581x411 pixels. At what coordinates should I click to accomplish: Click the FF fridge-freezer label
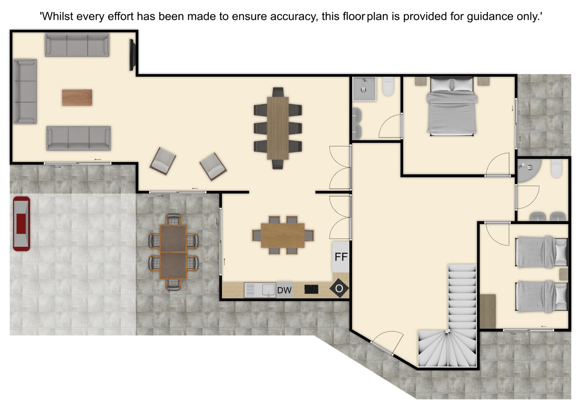pyautogui.click(x=341, y=257)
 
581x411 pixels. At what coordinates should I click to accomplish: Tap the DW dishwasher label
pyautogui.click(x=284, y=290)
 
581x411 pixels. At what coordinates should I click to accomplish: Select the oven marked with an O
pyautogui.click(x=339, y=288)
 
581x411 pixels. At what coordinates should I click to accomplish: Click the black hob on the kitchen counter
pyautogui.click(x=311, y=289)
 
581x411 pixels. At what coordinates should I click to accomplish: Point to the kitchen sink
pyautogui.click(x=260, y=290)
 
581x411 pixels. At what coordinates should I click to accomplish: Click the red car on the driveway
pyautogui.click(x=21, y=224)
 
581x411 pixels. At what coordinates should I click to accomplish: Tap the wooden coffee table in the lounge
pyautogui.click(x=77, y=97)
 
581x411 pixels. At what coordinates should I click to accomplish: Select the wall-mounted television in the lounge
pyautogui.click(x=132, y=55)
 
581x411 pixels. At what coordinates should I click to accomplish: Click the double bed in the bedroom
pyautogui.click(x=452, y=106)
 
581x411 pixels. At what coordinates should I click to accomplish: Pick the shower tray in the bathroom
pyautogui.click(x=364, y=89)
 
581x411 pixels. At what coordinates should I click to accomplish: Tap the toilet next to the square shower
pyautogui.click(x=388, y=86)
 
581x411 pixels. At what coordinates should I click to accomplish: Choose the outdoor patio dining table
pyautogui.click(x=173, y=252)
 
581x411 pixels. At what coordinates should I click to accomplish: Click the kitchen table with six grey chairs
pyautogui.click(x=283, y=235)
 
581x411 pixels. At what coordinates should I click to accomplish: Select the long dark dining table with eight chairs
pyautogui.click(x=278, y=128)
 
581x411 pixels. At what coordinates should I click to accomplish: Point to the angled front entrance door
pyautogui.click(x=382, y=347)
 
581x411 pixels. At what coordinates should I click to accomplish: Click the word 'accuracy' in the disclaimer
pyautogui.click(x=294, y=16)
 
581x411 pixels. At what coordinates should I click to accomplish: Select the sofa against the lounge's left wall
pyautogui.click(x=25, y=91)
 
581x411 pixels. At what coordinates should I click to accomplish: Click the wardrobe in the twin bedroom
pyautogui.click(x=488, y=311)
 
